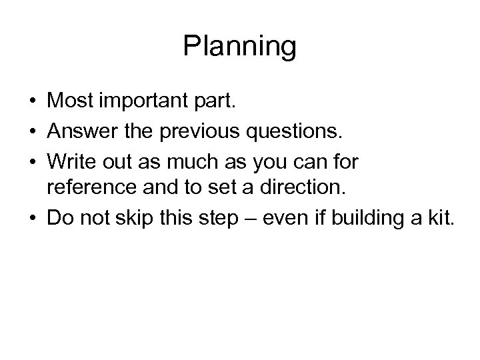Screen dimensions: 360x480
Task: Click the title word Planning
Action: [239, 47]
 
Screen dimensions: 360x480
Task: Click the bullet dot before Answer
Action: [32, 133]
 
